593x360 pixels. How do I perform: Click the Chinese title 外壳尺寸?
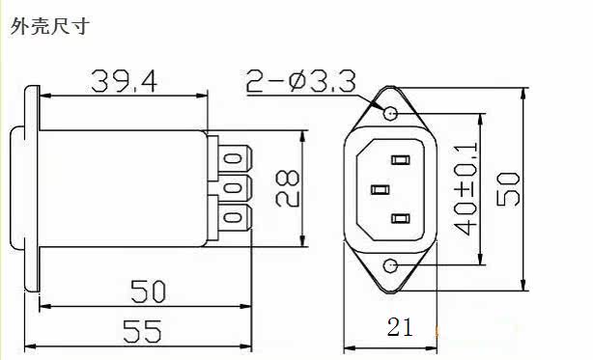point(50,26)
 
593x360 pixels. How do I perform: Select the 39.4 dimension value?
point(124,81)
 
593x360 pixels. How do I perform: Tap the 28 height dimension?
point(288,188)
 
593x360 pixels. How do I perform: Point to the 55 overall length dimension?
point(143,331)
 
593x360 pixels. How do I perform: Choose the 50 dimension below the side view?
point(148,291)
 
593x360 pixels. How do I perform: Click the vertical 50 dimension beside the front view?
point(508,189)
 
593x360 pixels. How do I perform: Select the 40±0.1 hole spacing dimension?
point(465,188)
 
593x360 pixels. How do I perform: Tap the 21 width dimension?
point(400,327)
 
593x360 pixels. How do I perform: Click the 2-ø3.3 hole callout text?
point(300,81)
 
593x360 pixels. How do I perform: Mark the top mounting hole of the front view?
point(390,113)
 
